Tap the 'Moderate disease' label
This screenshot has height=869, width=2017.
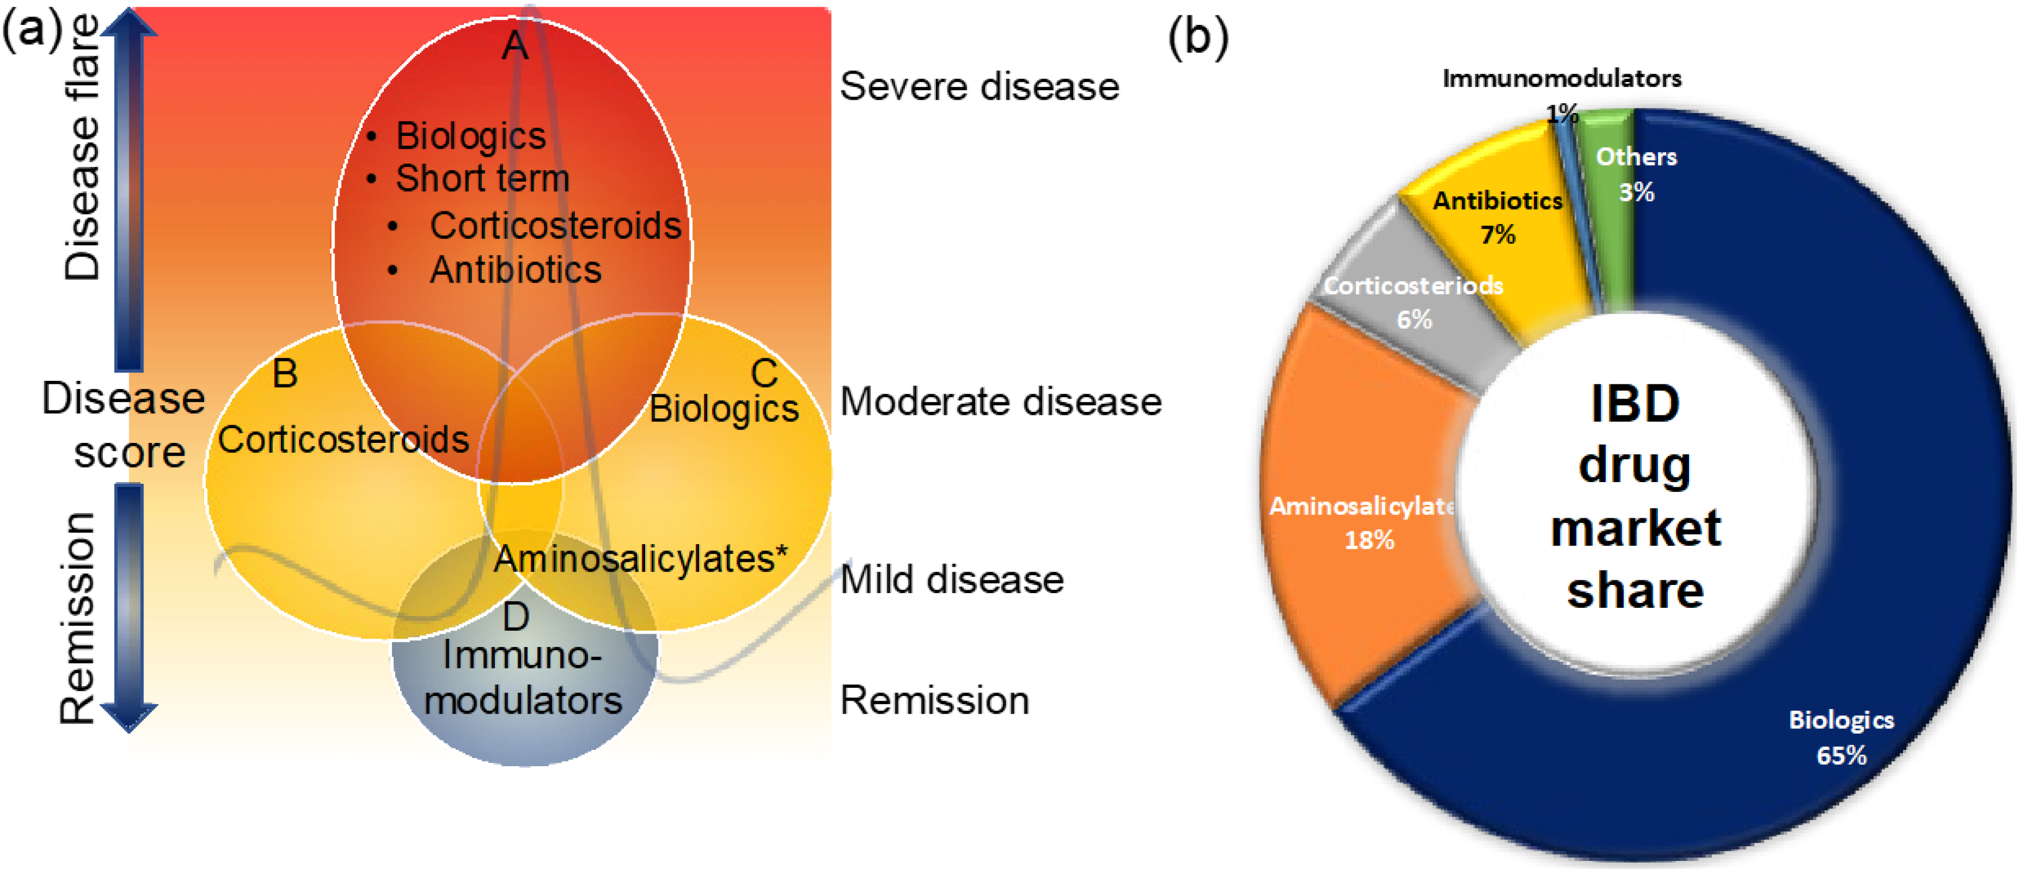[1000, 402]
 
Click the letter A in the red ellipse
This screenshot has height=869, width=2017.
[514, 45]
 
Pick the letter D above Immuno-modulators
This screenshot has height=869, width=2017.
[515, 617]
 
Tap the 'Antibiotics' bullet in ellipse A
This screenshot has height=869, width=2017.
[515, 270]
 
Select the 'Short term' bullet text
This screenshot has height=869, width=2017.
[482, 179]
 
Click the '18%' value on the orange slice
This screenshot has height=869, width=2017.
[1369, 540]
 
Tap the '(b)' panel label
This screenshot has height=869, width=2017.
[1198, 37]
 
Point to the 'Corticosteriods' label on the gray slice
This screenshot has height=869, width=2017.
[1413, 285]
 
